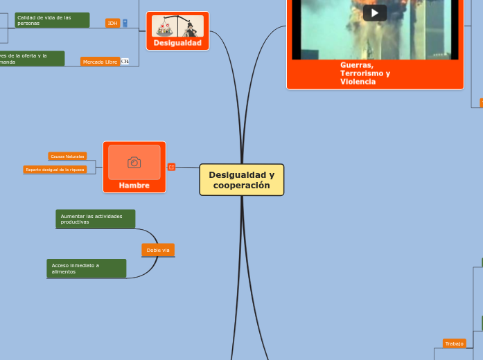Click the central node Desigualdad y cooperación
[241, 180]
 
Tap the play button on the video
[375, 13]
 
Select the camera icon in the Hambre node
[134, 163]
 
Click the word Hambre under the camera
[134, 186]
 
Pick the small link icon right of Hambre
[171, 167]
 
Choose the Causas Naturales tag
[67, 156]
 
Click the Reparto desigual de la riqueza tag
[55, 169]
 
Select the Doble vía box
[158, 250]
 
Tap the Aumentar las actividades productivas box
[95, 219]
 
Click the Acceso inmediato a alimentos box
[87, 269]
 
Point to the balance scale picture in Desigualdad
[177, 26]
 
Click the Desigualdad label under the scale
[177, 43]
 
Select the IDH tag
[112, 23]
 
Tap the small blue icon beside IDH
[125, 23]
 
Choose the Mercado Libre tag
[100, 62]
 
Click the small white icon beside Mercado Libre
[125, 62]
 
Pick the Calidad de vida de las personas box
[52, 20]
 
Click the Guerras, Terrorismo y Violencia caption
[365, 73]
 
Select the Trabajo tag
[454, 343]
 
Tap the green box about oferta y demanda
[32, 59]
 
